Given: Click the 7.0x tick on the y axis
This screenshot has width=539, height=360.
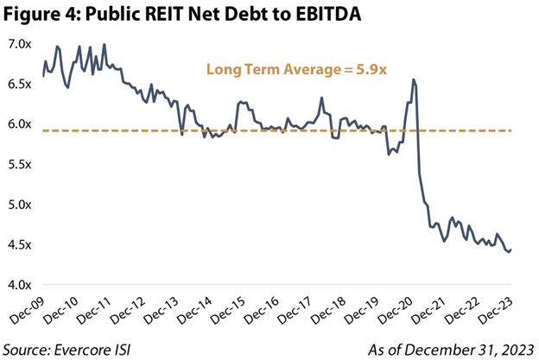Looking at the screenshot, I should pyautogui.click(x=19, y=43).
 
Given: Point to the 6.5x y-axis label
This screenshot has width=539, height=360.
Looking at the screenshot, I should pyautogui.click(x=19, y=84).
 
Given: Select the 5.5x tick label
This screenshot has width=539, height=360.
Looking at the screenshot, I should pyautogui.click(x=19, y=164).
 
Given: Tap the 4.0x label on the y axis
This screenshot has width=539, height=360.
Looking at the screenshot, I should pyautogui.click(x=19, y=285).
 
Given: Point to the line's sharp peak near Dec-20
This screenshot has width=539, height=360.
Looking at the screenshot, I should pyautogui.click(x=415, y=79).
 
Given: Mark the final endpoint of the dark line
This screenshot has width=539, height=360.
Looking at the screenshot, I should pyautogui.click(x=510, y=249).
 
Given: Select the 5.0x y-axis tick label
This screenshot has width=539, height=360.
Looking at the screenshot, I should pyautogui.click(x=19, y=205).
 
